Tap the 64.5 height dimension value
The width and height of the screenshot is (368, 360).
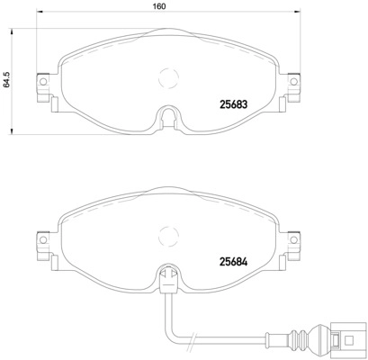tap(6, 81)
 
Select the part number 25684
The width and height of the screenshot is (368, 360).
tap(236, 262)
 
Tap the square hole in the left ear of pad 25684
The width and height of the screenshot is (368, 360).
tap(40, 242)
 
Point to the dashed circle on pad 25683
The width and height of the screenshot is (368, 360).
tap(166, 80)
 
